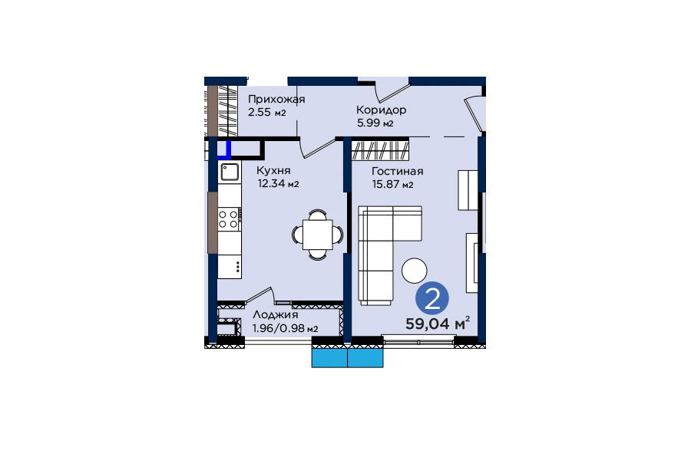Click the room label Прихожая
[x=276, y=100]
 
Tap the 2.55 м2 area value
[x=267, y=112]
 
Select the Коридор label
[x=381, y=110]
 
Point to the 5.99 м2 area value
[x=375, y=123]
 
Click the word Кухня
[x=273, y=170]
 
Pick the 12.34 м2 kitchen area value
[x=278, y=183]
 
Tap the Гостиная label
[x=398, y=171]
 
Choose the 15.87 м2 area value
[x=392, y=185]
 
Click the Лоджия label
[x=276, y=315]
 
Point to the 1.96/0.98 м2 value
[x=285, y=328]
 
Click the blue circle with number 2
[x=432, y=298]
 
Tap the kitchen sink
[x=230, y=172]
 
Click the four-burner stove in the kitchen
[x=229, y=219]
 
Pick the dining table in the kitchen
[x=317, y=235]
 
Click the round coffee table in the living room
[x=415, y=271]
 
